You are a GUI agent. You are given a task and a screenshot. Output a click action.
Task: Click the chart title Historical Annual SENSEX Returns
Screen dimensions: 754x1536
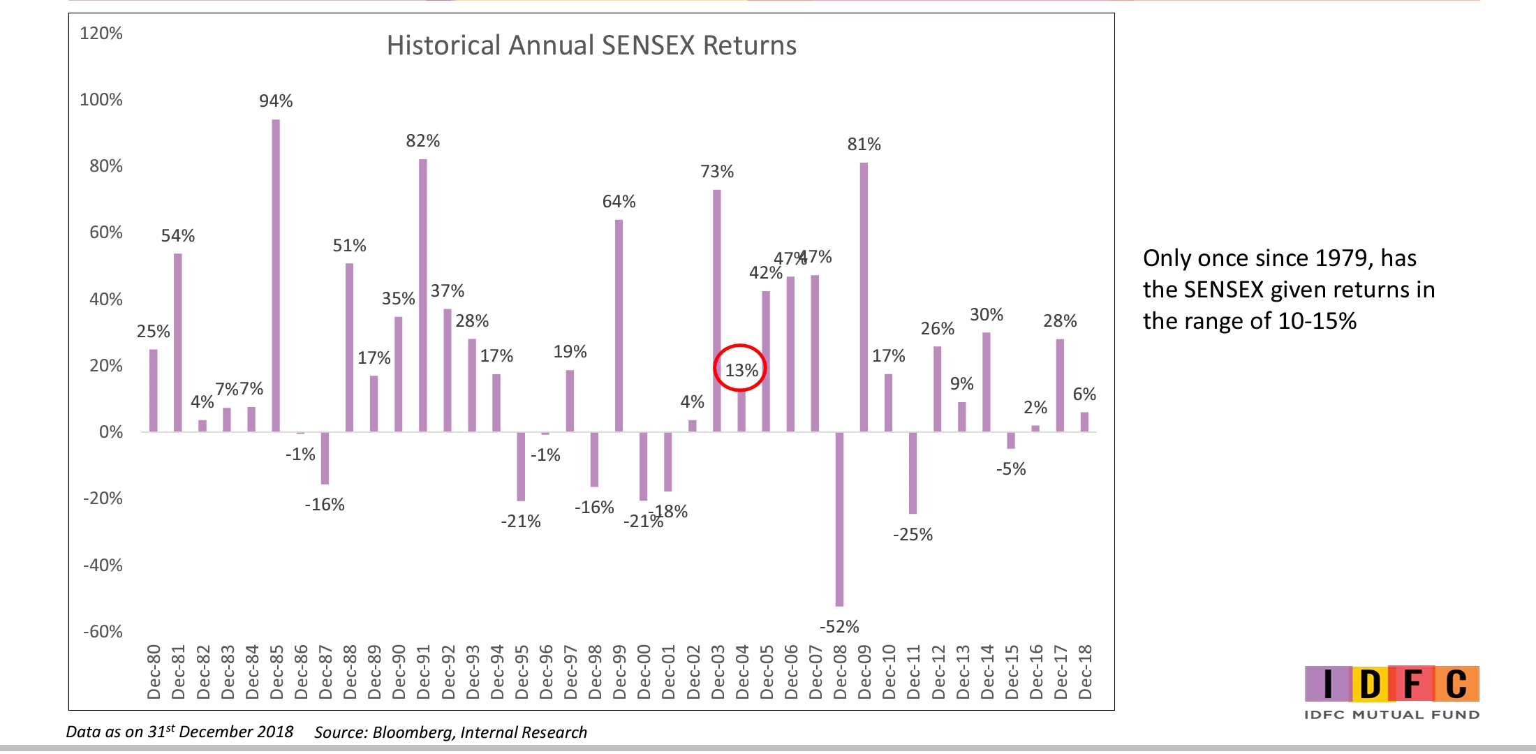(x=591, y=46)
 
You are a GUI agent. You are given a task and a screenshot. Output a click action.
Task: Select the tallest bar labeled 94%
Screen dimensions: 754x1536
(x=276, y=276)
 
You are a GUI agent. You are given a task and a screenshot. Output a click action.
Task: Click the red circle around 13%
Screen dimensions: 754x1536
(x=740, y=368)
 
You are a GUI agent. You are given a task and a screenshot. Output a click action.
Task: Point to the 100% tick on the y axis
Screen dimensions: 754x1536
(x=101, y=100)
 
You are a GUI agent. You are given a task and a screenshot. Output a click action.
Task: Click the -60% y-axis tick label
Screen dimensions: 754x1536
(x=103, y=632)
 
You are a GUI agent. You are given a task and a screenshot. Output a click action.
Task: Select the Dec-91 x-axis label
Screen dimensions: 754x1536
(x=424, y=672)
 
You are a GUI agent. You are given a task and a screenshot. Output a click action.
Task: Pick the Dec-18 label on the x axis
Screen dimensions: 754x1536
(x=1085, y=672)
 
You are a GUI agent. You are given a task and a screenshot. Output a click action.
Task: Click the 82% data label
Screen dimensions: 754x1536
(x=423, y=141)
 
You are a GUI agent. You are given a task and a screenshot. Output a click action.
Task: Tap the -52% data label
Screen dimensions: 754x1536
(x=839, y=627)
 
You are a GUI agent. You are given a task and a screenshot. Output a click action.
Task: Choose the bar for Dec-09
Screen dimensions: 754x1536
(x=864, y=297)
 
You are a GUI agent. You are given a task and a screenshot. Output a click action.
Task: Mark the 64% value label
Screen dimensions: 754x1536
(x=619, y=202)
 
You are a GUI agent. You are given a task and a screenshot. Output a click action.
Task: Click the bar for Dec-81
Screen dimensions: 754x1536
(x=178, y=342)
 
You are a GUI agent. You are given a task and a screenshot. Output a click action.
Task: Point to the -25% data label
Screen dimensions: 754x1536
(x=913, y=535)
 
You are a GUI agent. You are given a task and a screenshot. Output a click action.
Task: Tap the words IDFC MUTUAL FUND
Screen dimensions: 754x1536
(x=1391, y=715)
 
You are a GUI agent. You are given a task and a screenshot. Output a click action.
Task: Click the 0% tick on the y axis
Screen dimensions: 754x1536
(x=110, y=432)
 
